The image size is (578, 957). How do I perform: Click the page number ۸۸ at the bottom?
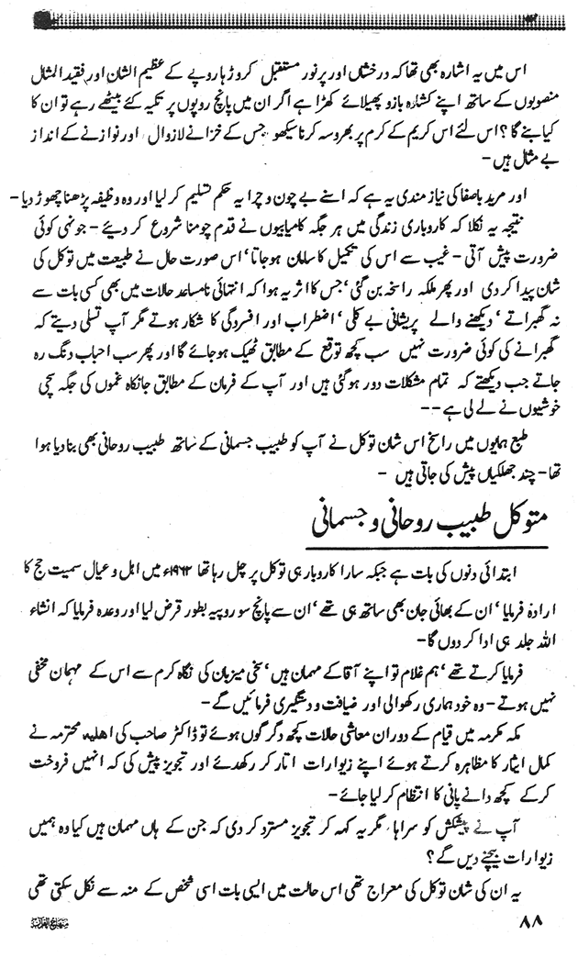(x=531, y=922)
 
